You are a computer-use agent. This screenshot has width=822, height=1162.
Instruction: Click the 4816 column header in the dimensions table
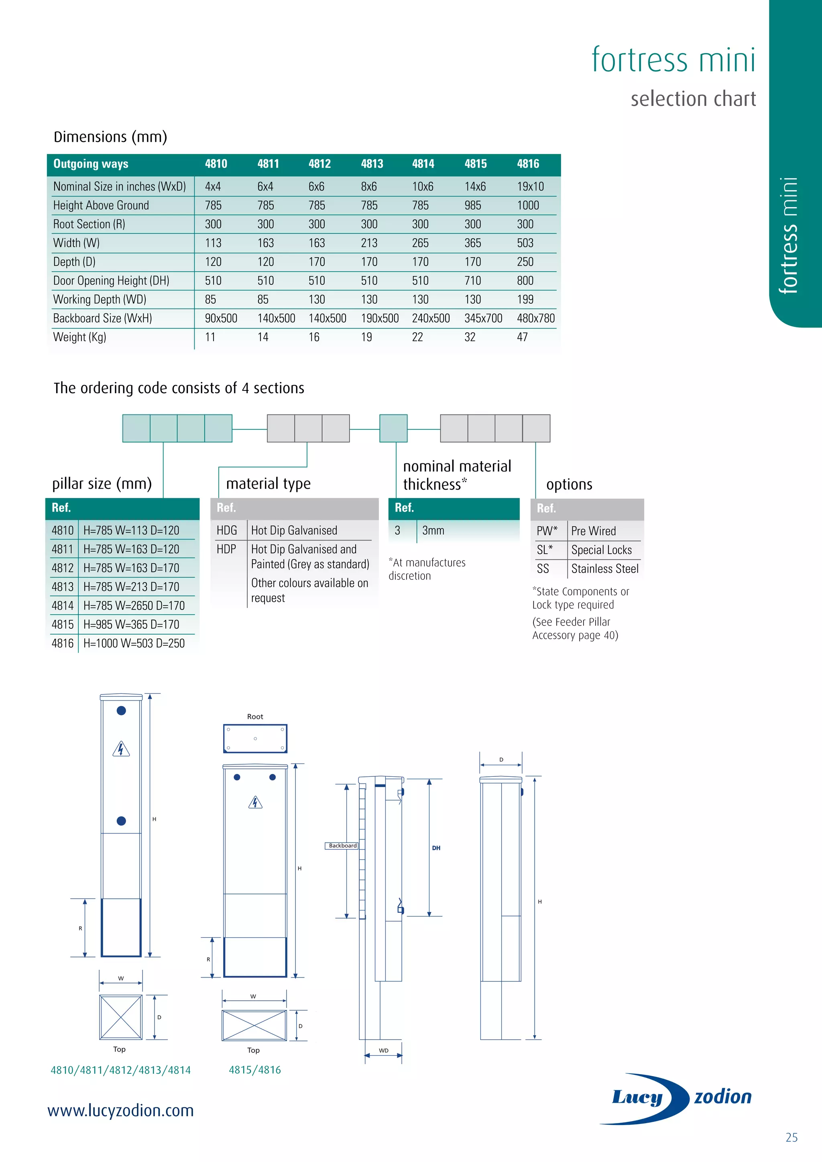pyautogui.click(x=528, y=164)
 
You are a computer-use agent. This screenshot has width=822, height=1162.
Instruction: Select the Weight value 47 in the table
pyautogui.click(x=522, y=337)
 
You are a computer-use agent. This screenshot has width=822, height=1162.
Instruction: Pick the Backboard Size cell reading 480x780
pyautogui.click(x=535, y=318)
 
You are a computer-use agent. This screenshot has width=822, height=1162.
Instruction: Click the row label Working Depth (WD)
pyautogui.click(x=100, y=300)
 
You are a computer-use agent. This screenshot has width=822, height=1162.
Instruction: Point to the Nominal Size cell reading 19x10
pyautogui.click(x=530, y=187)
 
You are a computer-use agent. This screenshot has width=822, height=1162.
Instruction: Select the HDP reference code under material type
pyautogui.click(x=226, y=549)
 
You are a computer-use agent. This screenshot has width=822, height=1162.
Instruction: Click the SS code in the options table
pyautogui.click(x=543, y=569)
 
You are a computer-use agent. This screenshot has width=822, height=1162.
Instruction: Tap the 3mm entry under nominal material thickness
pyautogui.click(x=433, y=530)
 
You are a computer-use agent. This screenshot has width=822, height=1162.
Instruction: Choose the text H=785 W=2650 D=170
pyautogui.click(x=134, y=606)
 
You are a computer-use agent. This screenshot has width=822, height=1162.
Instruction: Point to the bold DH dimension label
pyautogui.click(x=436, y=848)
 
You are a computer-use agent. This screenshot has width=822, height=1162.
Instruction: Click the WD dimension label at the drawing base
pyautogui.click(x=384, y=1051)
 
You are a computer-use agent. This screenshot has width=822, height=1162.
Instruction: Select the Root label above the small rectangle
pyautogui.click(x=255, y=717)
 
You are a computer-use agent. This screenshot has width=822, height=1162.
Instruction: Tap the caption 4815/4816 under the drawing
pyautogui.click(x=254, y=1070)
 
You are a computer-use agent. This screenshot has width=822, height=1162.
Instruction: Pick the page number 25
pyautogui.click(x=791, y=1138)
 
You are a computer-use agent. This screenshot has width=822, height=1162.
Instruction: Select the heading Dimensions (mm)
pyautogui.click(x=110, y=137)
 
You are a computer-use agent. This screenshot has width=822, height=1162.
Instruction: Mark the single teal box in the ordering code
pyautogui.click(x=393, y=428)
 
